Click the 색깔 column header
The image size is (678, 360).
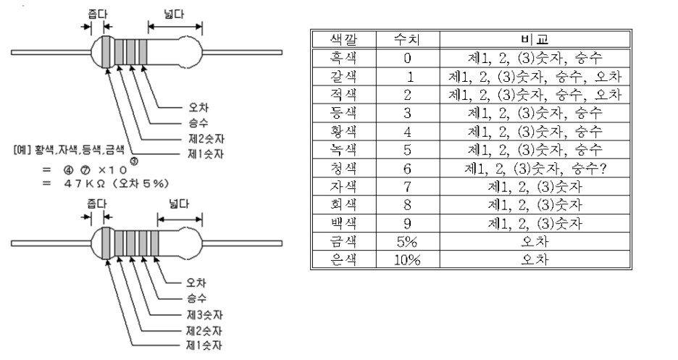[343, 38]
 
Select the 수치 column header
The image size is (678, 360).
[408, 38]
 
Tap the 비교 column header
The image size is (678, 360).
[535, 38]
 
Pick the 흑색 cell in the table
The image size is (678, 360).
[343, 57]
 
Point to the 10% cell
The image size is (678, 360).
[408, 260]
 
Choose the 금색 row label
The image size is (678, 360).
[343, 241]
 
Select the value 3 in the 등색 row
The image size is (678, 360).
[408, 112]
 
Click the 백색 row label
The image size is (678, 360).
[343, 223]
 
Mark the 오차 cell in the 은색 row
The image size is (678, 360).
[535, 260]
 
